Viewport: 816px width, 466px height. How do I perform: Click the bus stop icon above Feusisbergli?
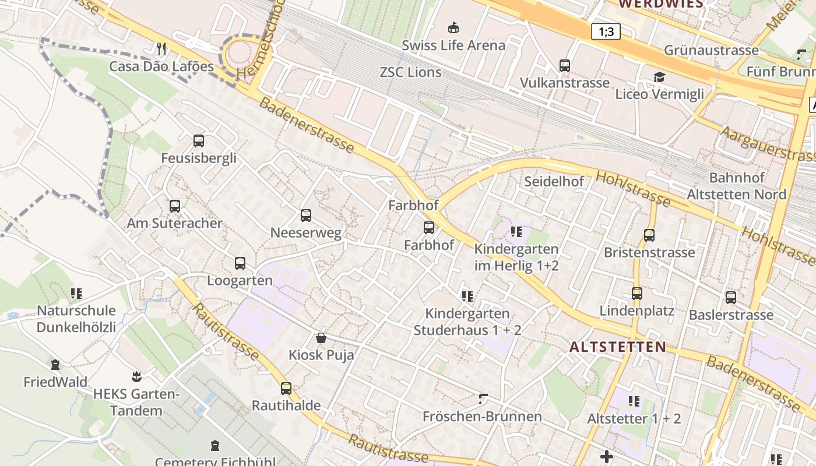(199, 140)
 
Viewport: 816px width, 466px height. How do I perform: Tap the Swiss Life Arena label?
(453, 45)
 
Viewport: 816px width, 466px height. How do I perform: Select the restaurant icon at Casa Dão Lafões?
(162, 48)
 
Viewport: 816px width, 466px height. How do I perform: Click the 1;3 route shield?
(606, 31)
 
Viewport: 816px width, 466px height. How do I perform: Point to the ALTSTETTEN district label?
(617, 347)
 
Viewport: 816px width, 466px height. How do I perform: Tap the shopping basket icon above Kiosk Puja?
(321, 337)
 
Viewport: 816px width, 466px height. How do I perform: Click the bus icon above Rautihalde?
(286, 388)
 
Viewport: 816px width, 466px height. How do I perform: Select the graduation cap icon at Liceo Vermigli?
(659, 77)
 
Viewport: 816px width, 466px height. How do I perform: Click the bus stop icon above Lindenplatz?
(637, 293)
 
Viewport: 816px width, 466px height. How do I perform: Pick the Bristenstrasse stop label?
(649, 252)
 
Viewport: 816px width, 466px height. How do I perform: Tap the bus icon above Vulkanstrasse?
(564, 65)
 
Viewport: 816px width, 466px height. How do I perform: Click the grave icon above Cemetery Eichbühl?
(215, 446)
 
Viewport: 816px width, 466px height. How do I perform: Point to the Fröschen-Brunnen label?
(482, 416)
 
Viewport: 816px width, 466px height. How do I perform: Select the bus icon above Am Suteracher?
(175, 206)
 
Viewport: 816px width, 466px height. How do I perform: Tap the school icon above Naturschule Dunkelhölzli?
(76, 293)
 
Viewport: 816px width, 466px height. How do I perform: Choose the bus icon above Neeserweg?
(306, 216)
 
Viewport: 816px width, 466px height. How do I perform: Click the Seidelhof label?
(554, 181)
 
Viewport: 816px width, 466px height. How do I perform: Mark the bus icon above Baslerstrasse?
(731, 297)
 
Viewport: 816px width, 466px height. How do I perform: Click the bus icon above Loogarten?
(240, 263)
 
